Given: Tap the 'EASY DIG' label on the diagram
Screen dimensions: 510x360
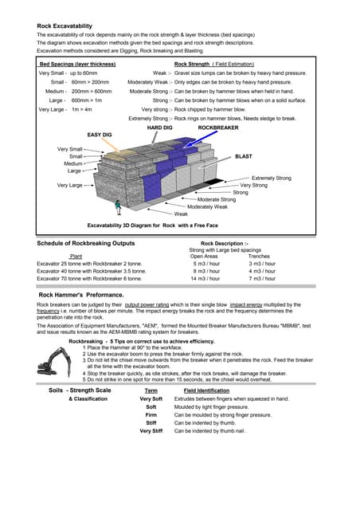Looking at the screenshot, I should tap(100, 135).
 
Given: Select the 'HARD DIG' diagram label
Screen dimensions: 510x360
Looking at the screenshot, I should tap(160, 127).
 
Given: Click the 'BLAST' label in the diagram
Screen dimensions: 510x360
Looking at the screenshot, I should tap(244, 157).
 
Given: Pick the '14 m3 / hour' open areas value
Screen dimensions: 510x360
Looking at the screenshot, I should tap(205, 279).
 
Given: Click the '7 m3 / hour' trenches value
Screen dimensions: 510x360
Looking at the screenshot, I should tap(262, 279).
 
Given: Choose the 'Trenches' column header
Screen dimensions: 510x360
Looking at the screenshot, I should tap(261, 256).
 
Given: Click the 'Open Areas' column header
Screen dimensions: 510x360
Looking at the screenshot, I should tap(204, 256).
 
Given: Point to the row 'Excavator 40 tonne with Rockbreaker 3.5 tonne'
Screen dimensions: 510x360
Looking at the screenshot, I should tap(91, 271).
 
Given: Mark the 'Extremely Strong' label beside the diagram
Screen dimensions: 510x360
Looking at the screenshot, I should tap(272, 178).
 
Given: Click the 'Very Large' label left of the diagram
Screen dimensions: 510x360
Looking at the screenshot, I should tap(69, 185).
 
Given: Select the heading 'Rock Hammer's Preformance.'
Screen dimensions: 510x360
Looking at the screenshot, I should tap(81, 295).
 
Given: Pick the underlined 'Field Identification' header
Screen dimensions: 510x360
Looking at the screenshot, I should tap(206, 391).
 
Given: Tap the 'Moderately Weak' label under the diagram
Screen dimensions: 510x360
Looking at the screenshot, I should tap(207, 206).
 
